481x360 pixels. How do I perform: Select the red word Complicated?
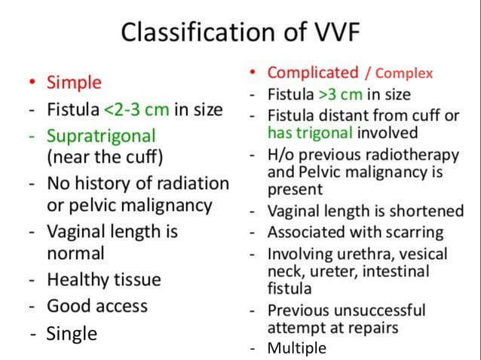[x=313, y=73]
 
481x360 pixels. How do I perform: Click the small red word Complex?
[x=404, y=74]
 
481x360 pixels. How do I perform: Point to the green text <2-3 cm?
[x=136, y=109]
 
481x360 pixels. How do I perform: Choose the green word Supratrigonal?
[x=101, y=136]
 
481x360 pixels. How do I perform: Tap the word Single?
[x=72, y=334]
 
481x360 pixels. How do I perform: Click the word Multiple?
[x=297, y=348]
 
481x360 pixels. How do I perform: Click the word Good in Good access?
[x=66, y=306]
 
